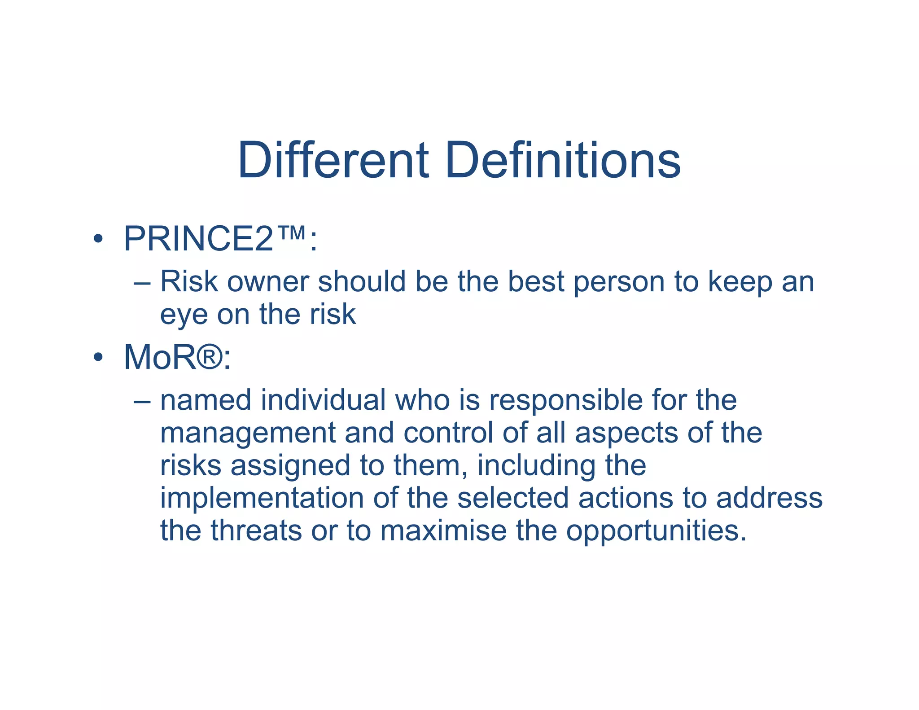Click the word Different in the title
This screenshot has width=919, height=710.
point(333,160)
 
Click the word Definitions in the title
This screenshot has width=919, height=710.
point(563,160)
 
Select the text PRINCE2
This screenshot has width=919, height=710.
point(198,239)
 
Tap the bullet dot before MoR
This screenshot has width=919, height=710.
point(98,357)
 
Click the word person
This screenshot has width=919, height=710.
point(619,283)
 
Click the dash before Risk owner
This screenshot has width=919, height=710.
point(142,284)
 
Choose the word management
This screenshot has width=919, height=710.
point(247,434)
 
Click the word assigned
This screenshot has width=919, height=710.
point(290,466)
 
